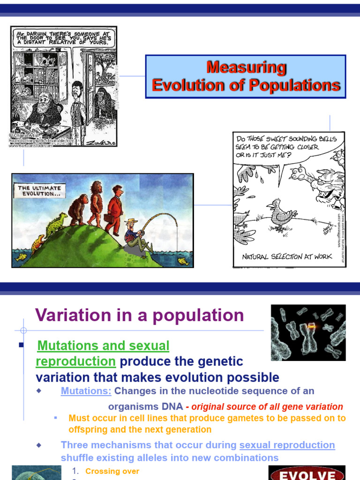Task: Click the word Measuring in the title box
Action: [x=246, y=67]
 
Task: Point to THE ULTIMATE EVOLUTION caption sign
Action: [x=40, y=190]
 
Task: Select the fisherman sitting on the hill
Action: [x=136, y=237]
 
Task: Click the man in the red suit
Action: [x=114, y=209]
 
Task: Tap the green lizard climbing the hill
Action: [x=56, y=225]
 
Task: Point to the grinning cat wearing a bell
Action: [x=323, y=185]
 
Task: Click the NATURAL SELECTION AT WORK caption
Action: [x=287, y=256]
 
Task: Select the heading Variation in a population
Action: [x=139, y=315]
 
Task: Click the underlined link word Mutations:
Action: [x=86, y=391]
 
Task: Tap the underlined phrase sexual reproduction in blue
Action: [x=287, y=445]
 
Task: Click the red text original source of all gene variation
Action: [x=267, y=407]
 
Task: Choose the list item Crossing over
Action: [x=112, y=471]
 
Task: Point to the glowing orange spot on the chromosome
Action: [x=310, y=325]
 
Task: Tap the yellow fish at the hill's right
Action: [x=183, y=261]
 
